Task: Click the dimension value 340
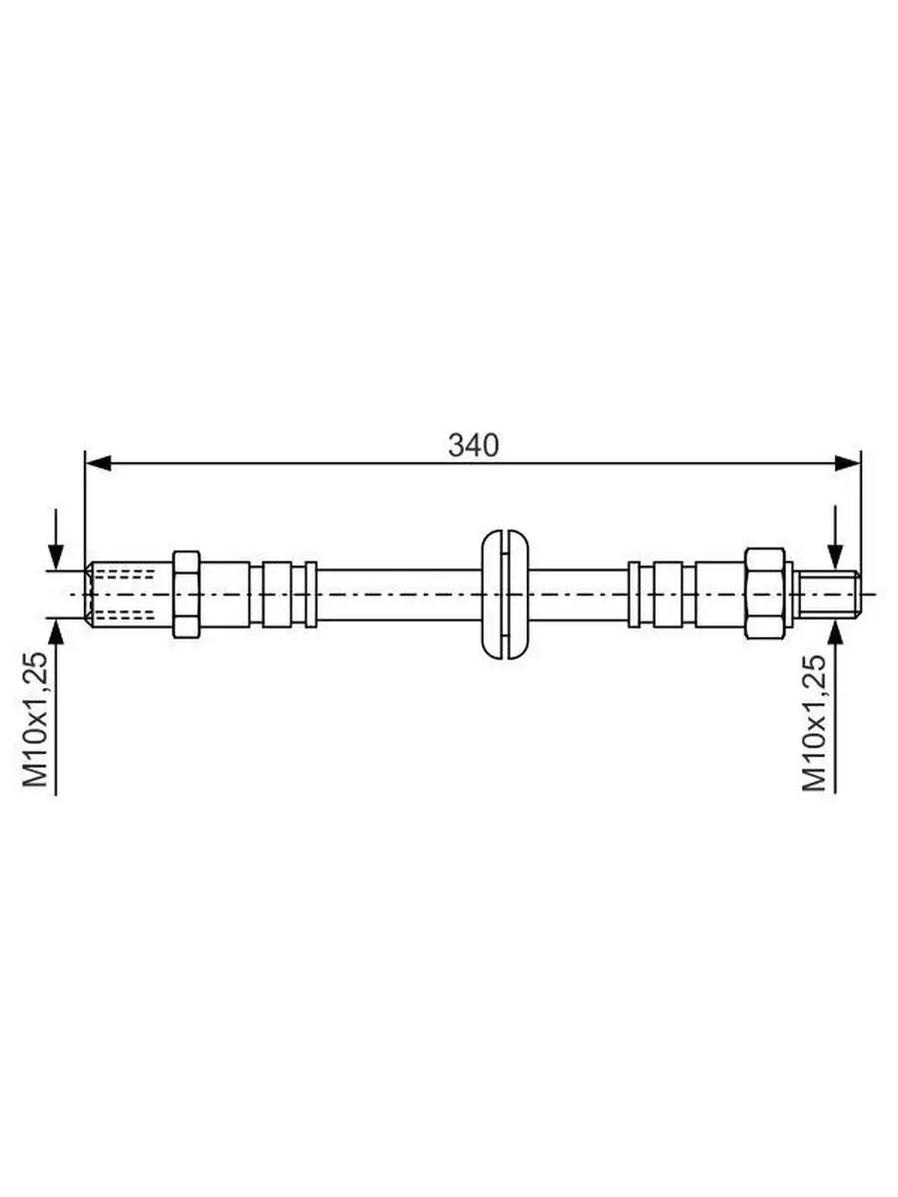[473, 446]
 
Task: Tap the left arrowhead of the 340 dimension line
[99, 463]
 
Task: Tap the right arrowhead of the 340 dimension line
[848, 463]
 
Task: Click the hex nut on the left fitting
[186, 594]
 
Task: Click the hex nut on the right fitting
[764, 594]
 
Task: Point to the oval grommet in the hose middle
[505, 594]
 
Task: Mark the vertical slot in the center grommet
[505, 594]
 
